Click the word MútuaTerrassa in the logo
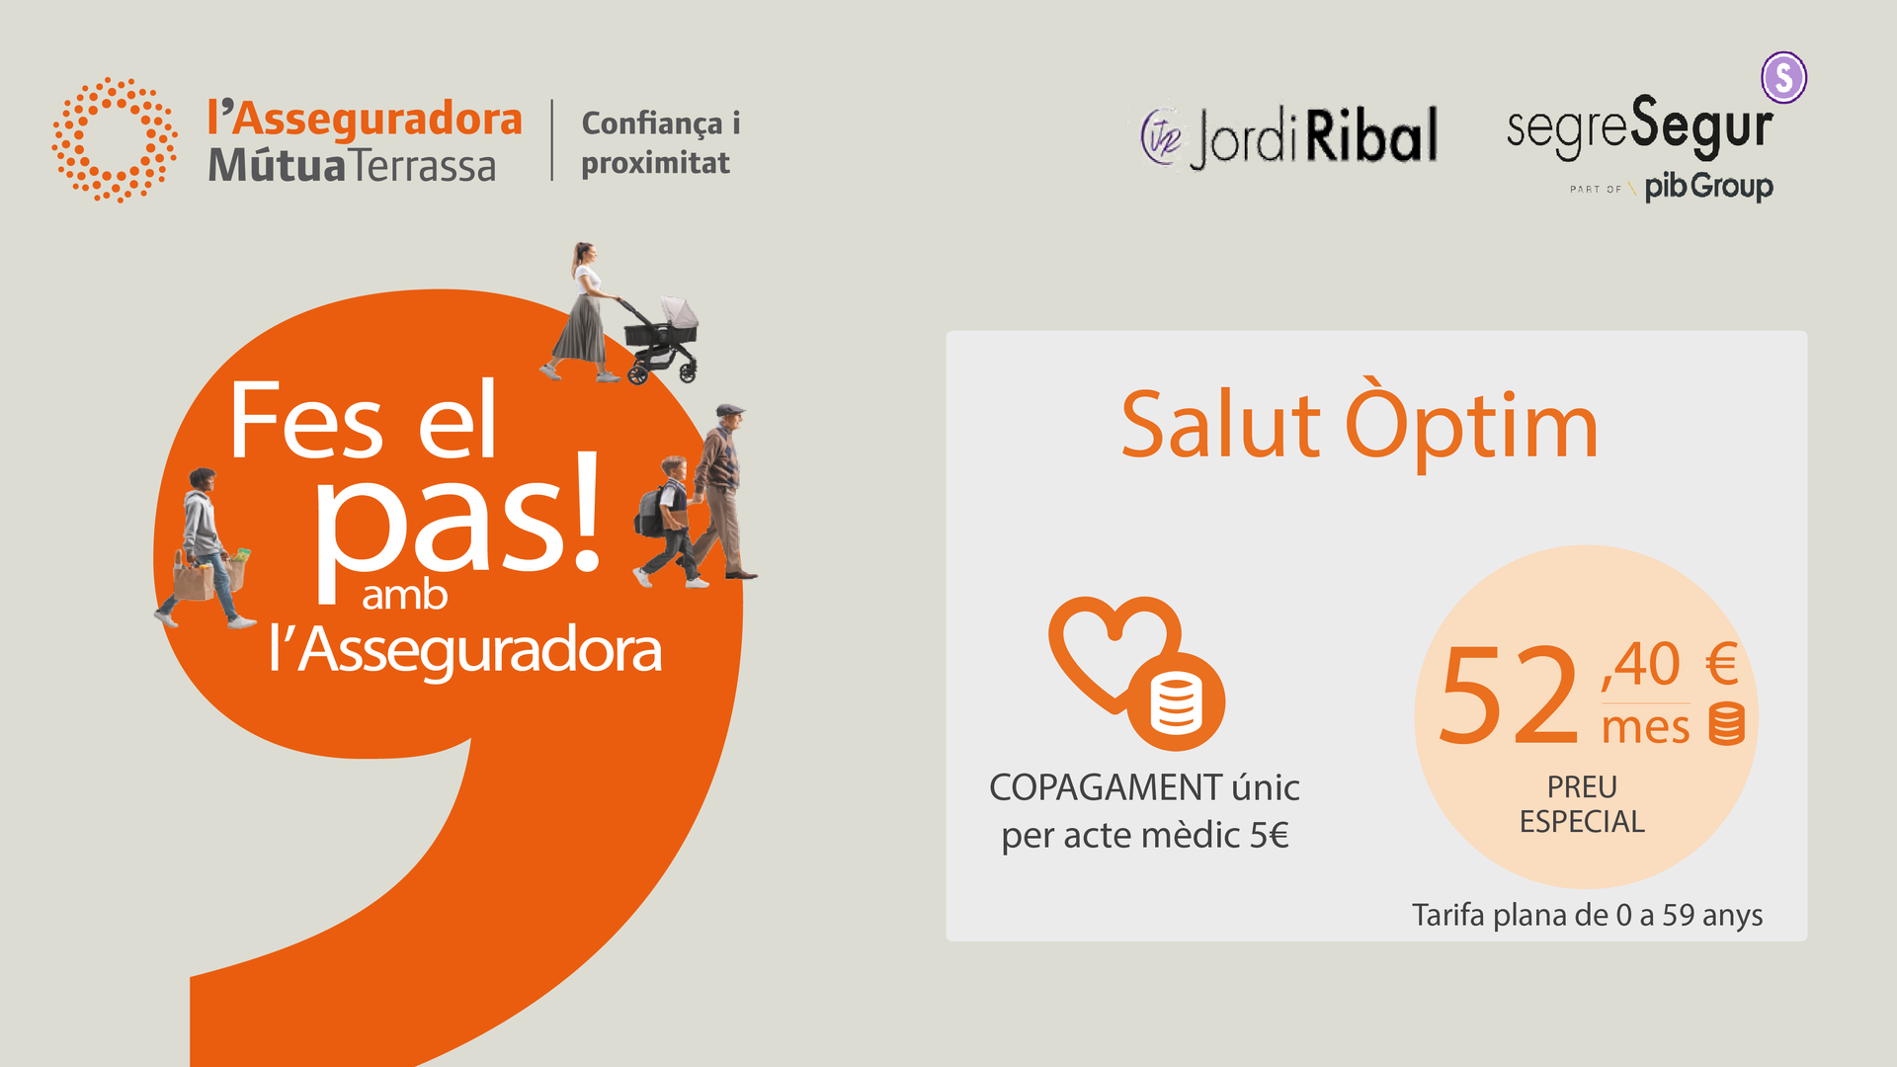[x=352, y=165]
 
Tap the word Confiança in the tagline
[x=652, y=124]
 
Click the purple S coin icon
[x=1783, y=77]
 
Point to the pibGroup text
[x=1708, y=186]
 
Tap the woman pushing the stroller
[x=583, y=312]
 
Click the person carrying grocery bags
[x=206, y=548]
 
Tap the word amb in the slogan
[x=404, y=596]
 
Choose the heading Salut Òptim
[x=1360, y=425]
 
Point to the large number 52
[x=1509, y=695]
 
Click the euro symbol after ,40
[x=1721, y=664]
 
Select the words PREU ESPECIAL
[x=1582, y=804]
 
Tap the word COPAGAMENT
[x=1106, y=787]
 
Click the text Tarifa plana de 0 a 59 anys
[x=1587, y=915]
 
